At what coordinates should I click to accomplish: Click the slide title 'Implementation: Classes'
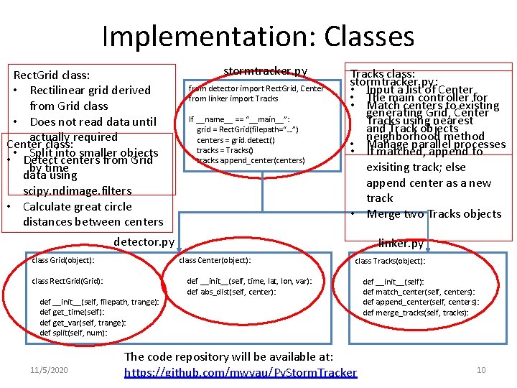pos(258,36)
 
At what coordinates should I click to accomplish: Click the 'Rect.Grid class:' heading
pos(52,75)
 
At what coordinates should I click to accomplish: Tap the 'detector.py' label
pos(144,242)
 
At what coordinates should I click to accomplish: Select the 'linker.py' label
pos(401,244)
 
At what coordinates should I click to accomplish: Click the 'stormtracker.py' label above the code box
pos(266,70)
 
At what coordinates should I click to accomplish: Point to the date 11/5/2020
pos(49,369)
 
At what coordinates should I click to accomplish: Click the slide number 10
pos(481,369)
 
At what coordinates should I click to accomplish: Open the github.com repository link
pos(241,372)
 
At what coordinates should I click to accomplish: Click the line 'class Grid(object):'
pos(63,260)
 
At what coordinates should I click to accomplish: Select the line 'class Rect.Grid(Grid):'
pos(67,281)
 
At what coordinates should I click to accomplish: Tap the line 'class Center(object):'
pos(215,260)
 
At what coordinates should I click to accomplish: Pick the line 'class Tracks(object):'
pos(390,261)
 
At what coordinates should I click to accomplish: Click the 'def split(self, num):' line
pos(73,333)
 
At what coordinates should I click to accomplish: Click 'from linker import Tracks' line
pos(233,98)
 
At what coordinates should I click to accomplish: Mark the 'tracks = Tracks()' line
pos(225,150)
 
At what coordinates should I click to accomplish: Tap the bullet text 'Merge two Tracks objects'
pos(434,213)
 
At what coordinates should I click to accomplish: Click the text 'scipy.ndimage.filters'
pos(78,190)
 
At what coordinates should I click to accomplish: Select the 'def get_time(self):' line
pos(72,312)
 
